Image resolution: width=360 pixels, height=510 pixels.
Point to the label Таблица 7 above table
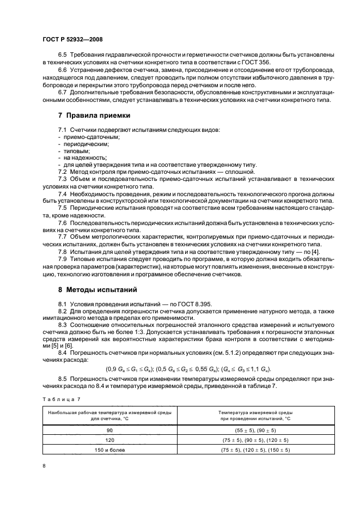tap(57, 401)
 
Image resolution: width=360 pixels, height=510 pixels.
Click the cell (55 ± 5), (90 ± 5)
tap(255, 430)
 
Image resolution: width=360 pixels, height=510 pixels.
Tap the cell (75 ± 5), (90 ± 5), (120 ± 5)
tap(255, 440)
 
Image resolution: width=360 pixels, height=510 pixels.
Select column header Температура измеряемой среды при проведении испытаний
tap(255, 416)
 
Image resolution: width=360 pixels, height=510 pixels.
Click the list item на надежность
tap(86, 157)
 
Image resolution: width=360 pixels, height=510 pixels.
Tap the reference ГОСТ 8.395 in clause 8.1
tap(197, 303)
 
